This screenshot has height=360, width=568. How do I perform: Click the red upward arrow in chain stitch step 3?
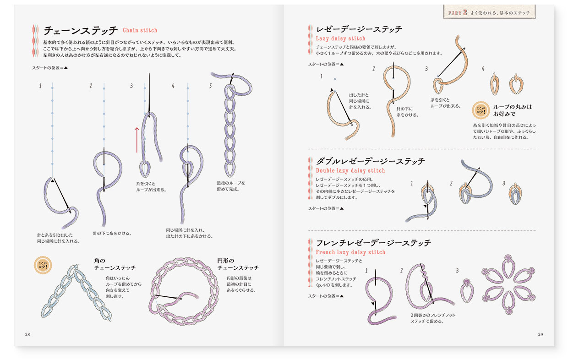[137, 140]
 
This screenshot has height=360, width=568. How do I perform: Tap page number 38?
[27, 334]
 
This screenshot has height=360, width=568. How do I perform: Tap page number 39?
[540, 334]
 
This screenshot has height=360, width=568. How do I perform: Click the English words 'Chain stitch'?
[140, 30]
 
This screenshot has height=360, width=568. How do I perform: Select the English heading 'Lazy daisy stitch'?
[340, 38]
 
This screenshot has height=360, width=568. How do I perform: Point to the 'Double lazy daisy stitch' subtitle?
[350, 170]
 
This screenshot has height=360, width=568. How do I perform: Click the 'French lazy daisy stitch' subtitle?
[350, 252]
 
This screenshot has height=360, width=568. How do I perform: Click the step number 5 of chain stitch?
[210, 86]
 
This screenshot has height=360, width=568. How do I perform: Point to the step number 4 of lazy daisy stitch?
[483, 69]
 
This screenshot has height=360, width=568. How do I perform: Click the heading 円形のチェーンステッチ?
[238, 264]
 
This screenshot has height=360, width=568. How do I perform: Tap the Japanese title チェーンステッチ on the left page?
[80, 31]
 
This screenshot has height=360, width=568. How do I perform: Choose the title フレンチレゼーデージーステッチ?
[373, 243]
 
